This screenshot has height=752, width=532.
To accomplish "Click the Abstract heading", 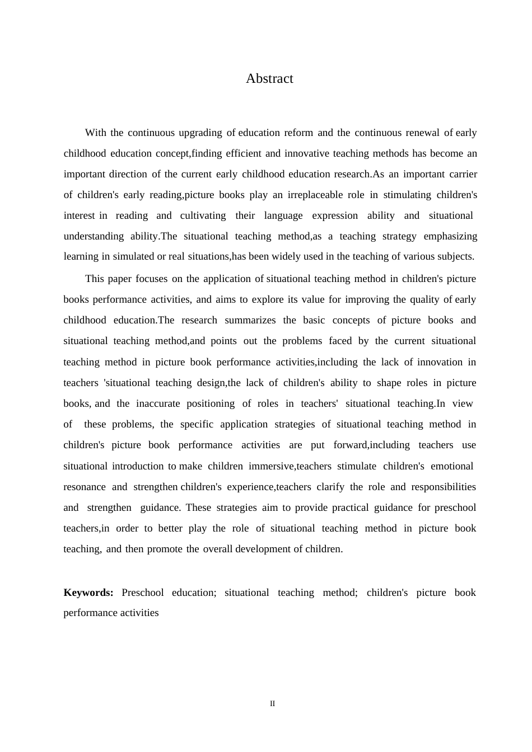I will tap(269, 79).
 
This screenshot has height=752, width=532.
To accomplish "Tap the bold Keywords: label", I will tap(88, 593).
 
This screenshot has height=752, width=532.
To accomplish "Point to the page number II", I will tap(273, 704).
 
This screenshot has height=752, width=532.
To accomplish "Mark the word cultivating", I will tap(203, 216).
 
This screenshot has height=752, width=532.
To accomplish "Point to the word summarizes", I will tap(250, 321).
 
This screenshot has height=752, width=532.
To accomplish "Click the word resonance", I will tap(85, 487).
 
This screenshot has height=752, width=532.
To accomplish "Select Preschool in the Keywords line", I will tap(143, 593).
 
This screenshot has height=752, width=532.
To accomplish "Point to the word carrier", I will tap(462, 175).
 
